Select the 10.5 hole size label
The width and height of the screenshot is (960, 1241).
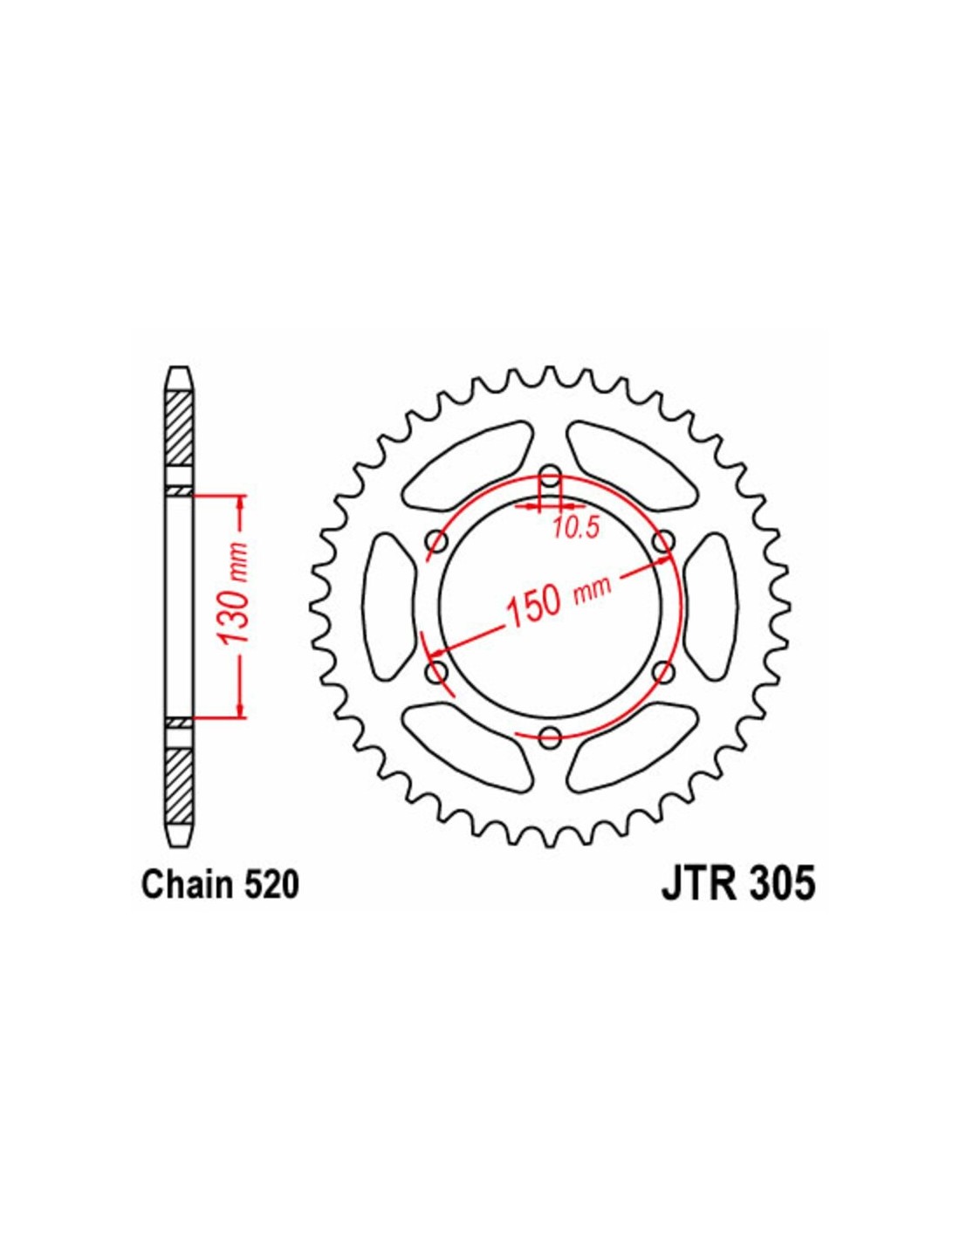coord(575,529)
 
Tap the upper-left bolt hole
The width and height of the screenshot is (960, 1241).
coord(437,539)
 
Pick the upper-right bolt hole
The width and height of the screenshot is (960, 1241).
coord(663,539)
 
